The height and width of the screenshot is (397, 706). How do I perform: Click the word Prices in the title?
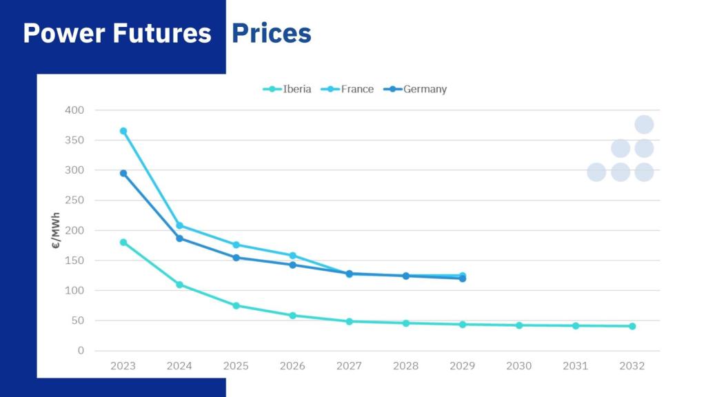271,33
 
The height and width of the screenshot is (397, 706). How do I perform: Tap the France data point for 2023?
123,131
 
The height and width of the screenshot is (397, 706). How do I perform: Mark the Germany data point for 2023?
123,173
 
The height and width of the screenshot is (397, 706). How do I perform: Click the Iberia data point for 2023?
123,242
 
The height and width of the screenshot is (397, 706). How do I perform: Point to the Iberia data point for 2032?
632,326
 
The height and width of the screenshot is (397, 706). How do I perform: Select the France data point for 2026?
293,256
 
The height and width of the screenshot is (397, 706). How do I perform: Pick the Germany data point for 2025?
236,258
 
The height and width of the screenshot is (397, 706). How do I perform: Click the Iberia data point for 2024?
180,285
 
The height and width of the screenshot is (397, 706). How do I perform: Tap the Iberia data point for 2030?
519,325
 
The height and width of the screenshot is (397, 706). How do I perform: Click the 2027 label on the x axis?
350,366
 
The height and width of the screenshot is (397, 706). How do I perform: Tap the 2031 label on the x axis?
576,366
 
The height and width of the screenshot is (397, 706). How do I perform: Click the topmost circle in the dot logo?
644,125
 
